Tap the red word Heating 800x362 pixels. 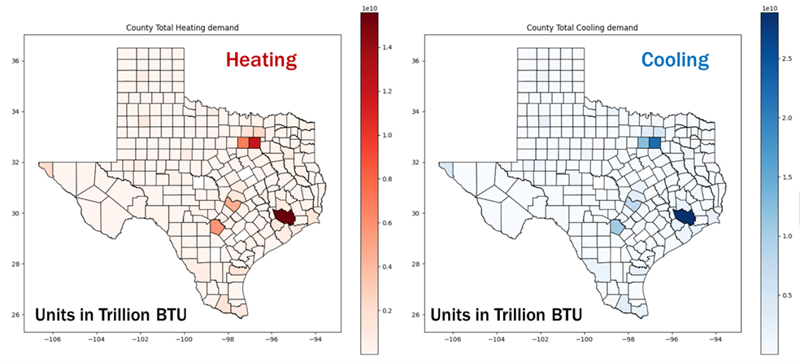(x=261, y=59)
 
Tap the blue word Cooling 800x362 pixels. (x=674, y=59)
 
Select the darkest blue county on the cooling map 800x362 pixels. (x=685, y=216)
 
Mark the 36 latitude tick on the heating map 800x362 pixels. (x=15, y=61)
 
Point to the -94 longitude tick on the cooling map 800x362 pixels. (x=715, y=339)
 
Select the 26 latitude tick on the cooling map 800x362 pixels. (x=415, y=315)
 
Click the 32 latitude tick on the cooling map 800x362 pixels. (x=415, y=163)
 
